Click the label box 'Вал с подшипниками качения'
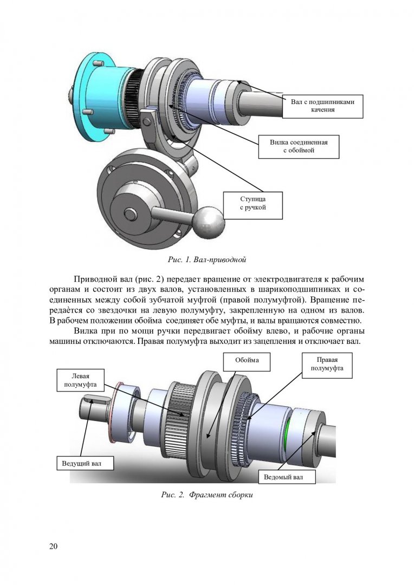pyautogui.click(x=322, y=105)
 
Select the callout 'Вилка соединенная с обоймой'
pyautogui.click(x=299, y=146)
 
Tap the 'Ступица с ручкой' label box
pyautogui.click(x=253, y=204)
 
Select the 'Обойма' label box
pyautogui.click(x=247, y=360)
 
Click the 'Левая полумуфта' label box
pyautogui.click(x=80, y=380)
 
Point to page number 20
pyautogui.click(x=53, y=545)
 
